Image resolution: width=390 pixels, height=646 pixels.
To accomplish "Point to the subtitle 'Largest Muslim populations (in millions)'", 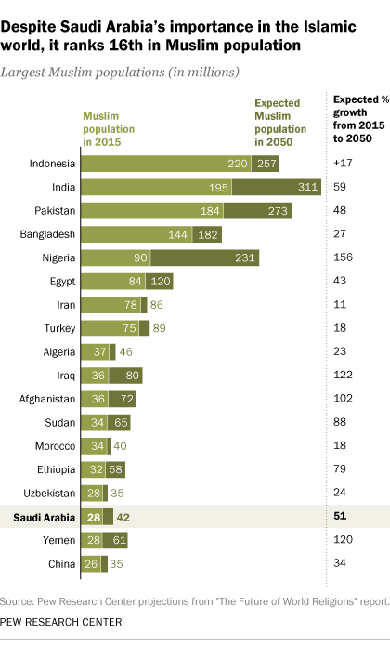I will (123, 71).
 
